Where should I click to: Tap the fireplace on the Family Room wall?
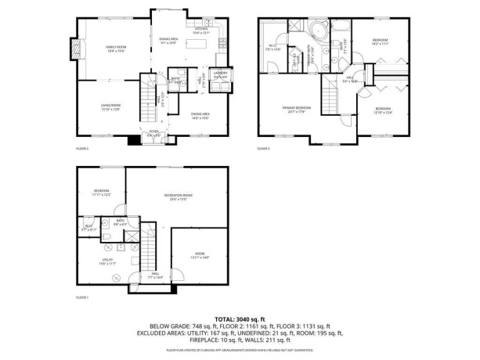pyautogui.click(x=77, y=49)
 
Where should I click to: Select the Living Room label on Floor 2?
pyautogui.click(x=110, y=106)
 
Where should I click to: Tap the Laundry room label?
pyautogui.click(x=220, y=74)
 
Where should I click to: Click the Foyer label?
pyautogui.click(x=155, y=134)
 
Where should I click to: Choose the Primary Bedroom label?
pyautogui.click(x=297, y=109)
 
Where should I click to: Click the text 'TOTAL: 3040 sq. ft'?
pyautogui.click(x=240, y=319)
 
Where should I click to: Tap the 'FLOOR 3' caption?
pyautogui.click(x=264, y=148)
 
